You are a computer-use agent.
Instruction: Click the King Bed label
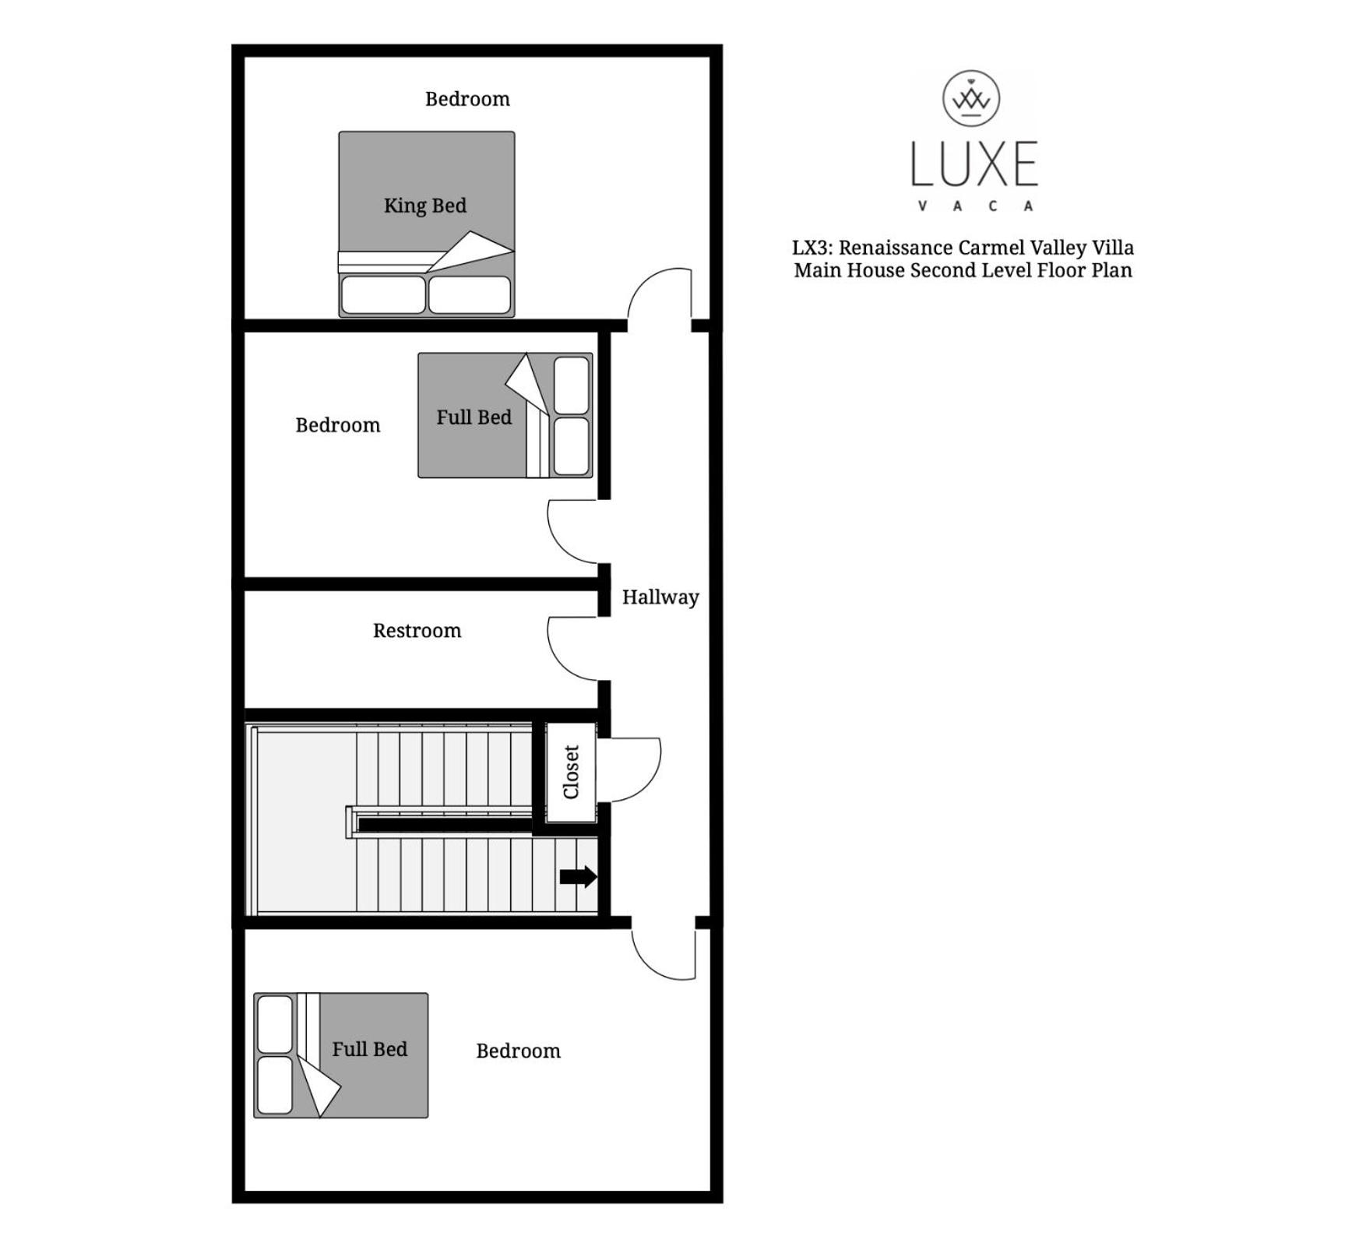(425, 206)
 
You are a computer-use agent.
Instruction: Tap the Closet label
(571, 772)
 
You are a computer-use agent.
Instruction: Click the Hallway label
(660, 597)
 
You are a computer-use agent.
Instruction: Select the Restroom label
(417, 630)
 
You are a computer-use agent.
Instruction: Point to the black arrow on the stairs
(579, 877)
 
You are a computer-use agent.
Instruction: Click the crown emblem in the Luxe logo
(971, 98)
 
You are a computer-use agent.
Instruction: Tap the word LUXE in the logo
(974, 164)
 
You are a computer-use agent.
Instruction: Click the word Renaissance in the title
(896, 248)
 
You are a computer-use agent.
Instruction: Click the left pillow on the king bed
(383, 295)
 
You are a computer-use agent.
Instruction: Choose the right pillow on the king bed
(470, 295)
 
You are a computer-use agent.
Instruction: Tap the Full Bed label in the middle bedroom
(474, 417)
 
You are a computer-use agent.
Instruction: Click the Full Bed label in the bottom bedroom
(370, 1049)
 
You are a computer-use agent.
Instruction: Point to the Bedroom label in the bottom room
(518, 1051)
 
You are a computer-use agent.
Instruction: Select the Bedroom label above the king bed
(467, 99)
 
